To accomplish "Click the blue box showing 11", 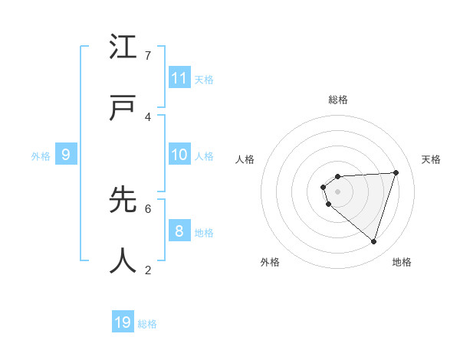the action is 179,78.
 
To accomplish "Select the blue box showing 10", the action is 179,155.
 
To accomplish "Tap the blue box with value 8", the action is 179,231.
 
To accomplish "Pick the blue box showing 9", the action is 66,155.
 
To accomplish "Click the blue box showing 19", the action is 123,322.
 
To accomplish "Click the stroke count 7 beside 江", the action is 148,56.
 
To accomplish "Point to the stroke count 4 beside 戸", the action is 148,117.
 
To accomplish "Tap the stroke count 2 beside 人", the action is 148,270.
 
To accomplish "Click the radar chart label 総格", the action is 338,100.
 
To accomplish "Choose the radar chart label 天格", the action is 432,159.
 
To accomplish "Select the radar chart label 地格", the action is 402,262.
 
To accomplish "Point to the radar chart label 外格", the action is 270,262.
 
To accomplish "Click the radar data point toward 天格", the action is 396,172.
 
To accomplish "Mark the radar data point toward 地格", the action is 373,241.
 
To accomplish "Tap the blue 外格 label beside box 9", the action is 41,156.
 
